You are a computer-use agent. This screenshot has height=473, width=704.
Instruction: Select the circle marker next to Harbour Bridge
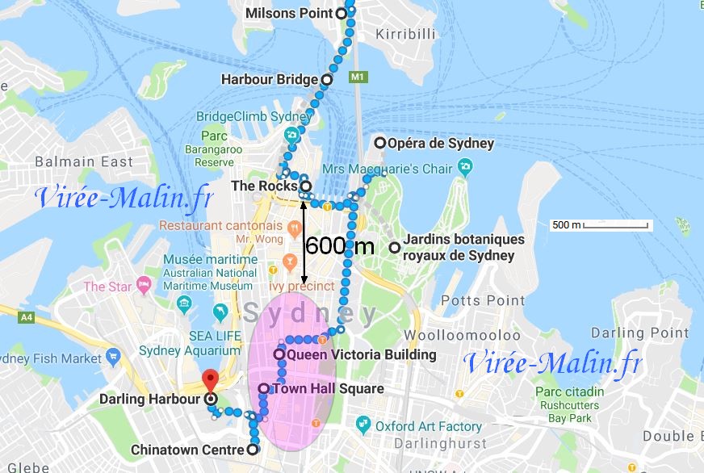click(327, 80)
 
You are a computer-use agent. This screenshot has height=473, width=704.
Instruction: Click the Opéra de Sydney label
click(441, 144)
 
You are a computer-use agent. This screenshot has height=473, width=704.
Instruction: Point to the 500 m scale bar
click(601, 224)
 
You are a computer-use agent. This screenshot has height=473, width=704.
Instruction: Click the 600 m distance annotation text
click(340, 245)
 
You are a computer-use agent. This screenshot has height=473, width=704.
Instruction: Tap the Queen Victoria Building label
click(361, 354)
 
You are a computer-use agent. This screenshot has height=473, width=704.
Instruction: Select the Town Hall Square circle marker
click(264, 389)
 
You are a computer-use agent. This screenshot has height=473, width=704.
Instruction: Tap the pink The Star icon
click(144, 286)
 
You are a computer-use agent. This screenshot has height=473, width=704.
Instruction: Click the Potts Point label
click(483, 300)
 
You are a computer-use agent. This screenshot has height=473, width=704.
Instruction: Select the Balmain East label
click(84, 162)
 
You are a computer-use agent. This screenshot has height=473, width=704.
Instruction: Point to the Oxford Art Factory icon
click(362, 425)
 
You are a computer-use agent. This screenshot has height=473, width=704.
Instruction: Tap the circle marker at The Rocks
click(306, 186)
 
